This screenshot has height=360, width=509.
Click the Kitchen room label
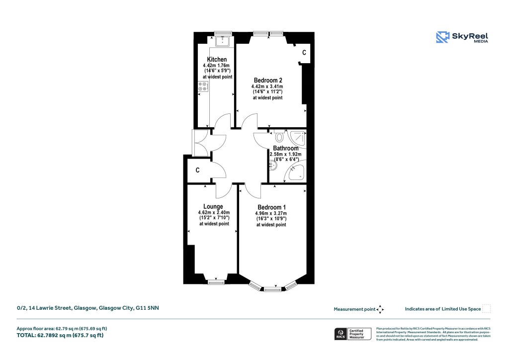(x=217, y=60)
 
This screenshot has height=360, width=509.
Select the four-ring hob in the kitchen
(x=203, y=87)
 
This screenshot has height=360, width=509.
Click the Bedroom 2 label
(x=268, y=80)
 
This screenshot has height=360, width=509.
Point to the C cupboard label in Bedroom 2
(x=304, y=52)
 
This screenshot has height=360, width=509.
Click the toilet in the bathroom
(x=278, y=136)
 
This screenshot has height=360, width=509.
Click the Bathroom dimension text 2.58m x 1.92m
(x=285, y=154)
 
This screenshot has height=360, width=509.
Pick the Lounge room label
(x=213, y=206)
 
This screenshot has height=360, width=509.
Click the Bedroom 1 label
(x=271, y=207)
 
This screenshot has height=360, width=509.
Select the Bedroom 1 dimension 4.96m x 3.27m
(x=271, y=214)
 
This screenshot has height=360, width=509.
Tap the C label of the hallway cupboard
(x=197, y=171)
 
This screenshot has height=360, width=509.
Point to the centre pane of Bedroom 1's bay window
(x=271, y=288)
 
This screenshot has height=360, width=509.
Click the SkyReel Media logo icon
(x=442, y=38)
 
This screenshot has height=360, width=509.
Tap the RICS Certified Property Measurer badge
(x=352, y=333)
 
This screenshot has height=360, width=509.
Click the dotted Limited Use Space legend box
(x=487, y=309)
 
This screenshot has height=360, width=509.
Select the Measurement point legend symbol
(x=380, y=309)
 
